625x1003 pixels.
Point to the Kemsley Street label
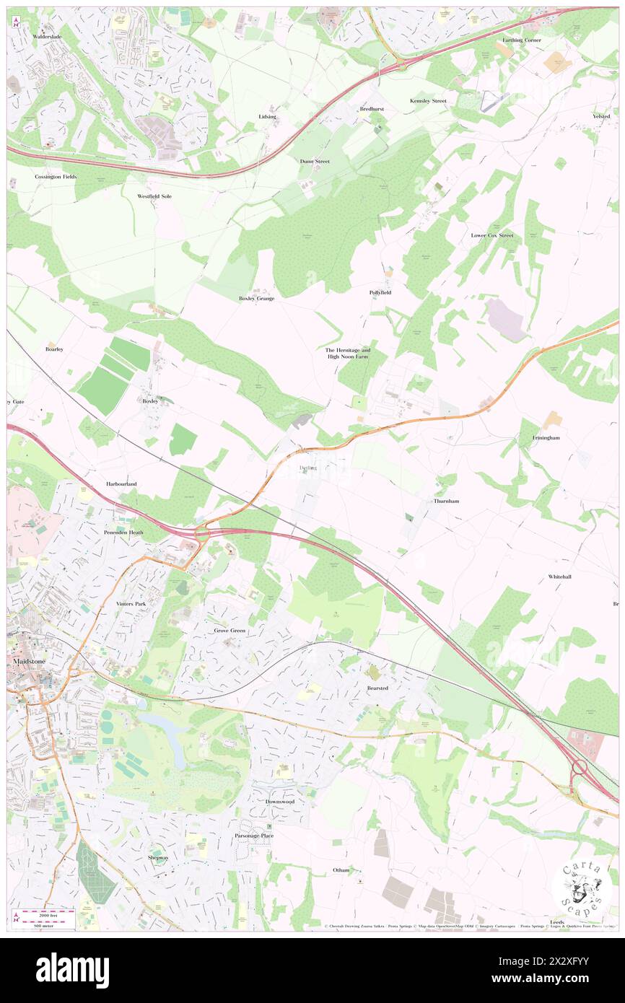tap(428, 101)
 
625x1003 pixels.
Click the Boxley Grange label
tap(256, 298)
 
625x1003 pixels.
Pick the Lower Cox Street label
tap(491, 235)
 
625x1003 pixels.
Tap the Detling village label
tap(307, 468)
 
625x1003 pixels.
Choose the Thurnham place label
tap(446, 501)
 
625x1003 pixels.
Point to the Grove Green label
tap(230, 630)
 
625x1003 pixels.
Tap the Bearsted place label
tap(377, 688)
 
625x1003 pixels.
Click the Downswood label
tap(279, 802)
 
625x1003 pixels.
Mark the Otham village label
tap(341, 870)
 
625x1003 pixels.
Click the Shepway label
tap(158, 857)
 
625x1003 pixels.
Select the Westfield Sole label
tap(154, 196)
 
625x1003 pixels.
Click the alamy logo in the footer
tap(72, 970)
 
